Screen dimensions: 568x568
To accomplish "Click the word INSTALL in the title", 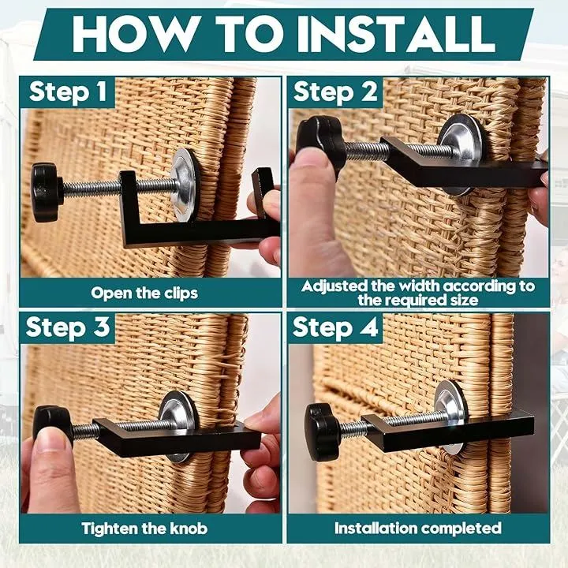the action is click(x=396, y=34).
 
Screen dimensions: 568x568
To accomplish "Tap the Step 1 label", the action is click(x=68, y=92).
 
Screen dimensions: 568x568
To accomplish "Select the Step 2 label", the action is click(x=335, y=92).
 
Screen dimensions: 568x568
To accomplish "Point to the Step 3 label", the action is click(x=68, y=327).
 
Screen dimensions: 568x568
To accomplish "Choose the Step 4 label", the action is click(x=335, y=327).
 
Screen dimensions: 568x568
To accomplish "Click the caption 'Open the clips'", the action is click(x=144, y=293).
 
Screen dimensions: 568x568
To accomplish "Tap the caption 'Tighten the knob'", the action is click(x=144, y=529).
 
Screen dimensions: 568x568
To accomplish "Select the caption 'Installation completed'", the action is click(x=417, y=528).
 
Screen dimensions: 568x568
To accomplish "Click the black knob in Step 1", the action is click(x=47, y=192).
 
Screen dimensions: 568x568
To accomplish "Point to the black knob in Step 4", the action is click(x=322, y=432).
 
